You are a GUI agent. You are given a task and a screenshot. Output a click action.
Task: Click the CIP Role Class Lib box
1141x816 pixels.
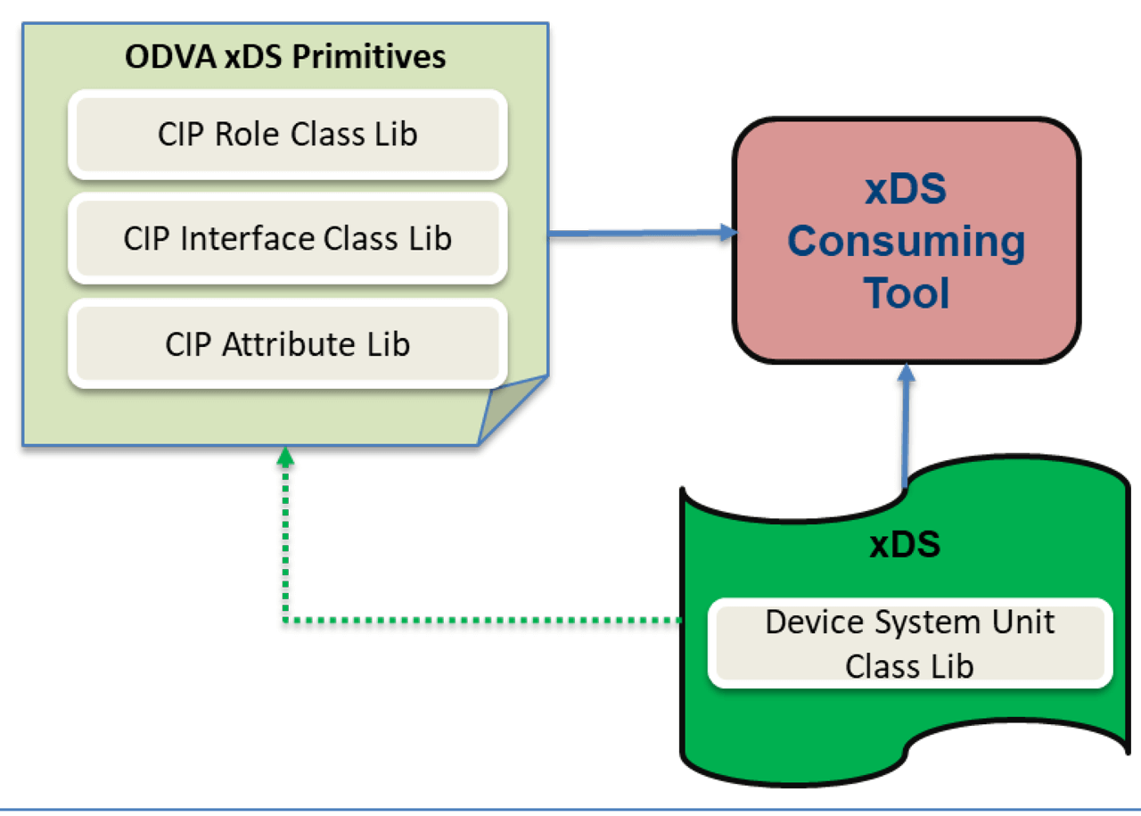pos(287,135)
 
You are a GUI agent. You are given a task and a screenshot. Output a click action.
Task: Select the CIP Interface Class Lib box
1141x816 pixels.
pos(287,239)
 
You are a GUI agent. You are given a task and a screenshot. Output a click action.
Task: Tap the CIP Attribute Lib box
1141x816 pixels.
pos(287,344)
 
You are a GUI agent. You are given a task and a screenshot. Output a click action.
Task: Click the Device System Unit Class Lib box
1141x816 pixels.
pos(909,643)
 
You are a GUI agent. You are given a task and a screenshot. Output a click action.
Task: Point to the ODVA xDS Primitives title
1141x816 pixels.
pos(285,57)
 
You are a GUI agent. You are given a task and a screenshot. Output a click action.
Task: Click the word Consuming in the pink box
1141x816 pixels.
pos(907,242)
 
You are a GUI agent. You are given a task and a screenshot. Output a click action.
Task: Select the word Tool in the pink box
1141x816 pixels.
pos(907,293)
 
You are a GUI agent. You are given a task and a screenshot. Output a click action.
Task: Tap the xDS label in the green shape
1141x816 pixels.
pos(905,544)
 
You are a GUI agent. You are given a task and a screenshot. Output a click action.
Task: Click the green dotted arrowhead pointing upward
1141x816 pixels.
pos(284,457)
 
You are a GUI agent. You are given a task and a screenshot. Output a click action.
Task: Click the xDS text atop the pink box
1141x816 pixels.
pos(907,190)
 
